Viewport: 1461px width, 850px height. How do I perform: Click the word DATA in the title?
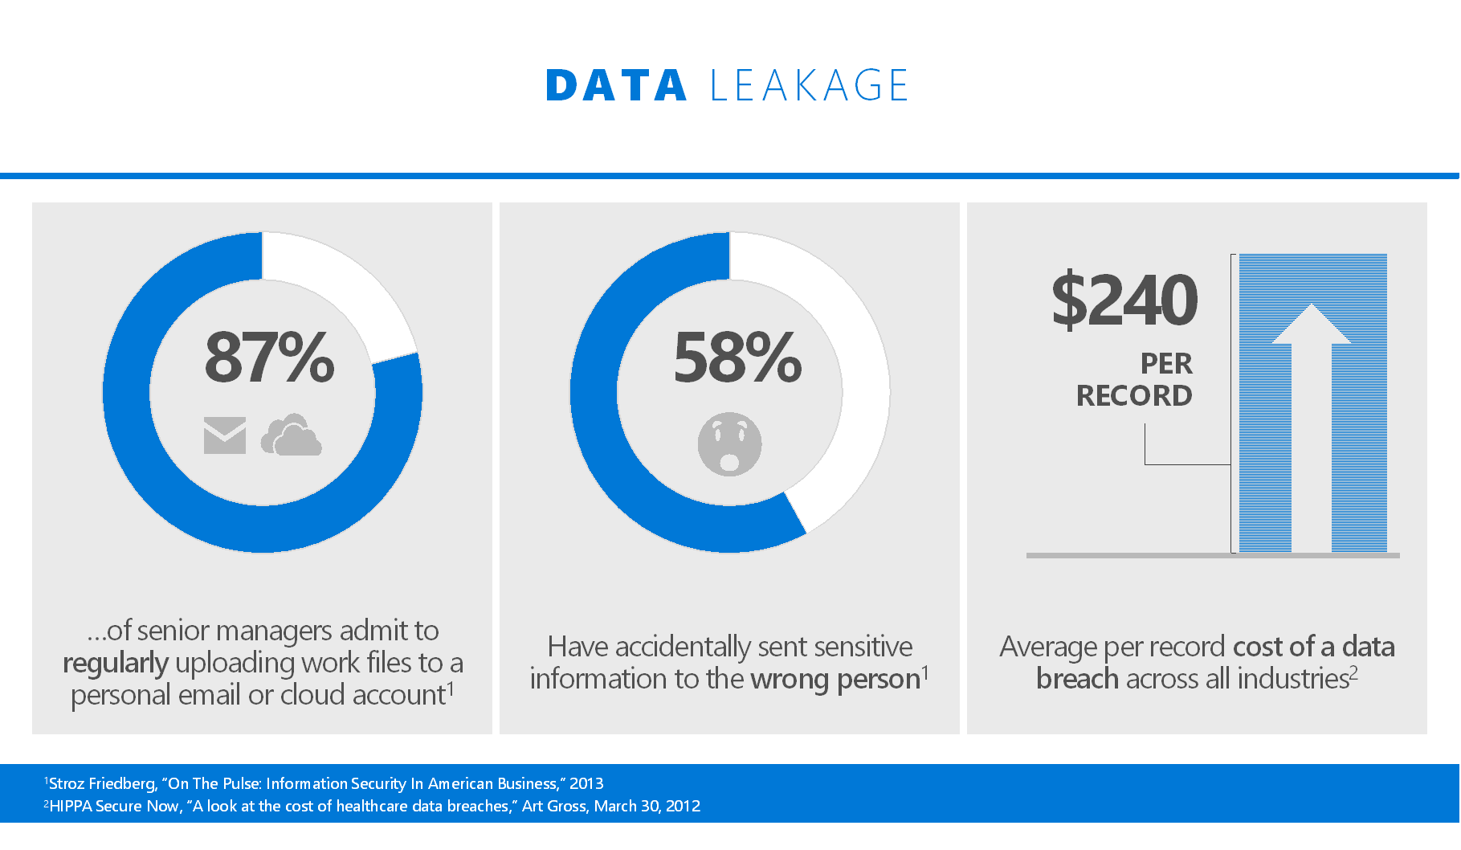(616, 85)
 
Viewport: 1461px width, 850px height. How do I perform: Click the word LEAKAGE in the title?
(810, 85)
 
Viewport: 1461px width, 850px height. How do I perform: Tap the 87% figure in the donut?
(270, 357)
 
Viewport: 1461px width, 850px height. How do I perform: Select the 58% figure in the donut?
(737, 357)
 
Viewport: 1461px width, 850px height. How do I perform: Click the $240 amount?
(1124, 300)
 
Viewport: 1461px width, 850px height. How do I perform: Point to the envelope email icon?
(225, 435)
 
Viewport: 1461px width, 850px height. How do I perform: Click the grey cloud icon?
(291, 435)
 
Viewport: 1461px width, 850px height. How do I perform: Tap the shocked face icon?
(729, 444)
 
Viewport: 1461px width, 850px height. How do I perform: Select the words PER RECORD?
(1134, 379)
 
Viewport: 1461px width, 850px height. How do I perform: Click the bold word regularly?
(116, 663)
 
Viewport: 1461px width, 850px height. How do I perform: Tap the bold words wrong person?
(835, 680)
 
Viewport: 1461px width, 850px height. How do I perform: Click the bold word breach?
(1077, 679)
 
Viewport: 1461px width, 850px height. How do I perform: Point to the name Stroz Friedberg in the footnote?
(102, 783)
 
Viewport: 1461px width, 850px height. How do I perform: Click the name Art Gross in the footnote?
(553, 806)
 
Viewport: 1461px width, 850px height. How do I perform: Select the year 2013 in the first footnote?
(586, 783)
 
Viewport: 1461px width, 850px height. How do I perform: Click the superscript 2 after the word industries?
(1353, 672)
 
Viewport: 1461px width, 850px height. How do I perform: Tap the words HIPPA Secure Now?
(114, 806)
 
